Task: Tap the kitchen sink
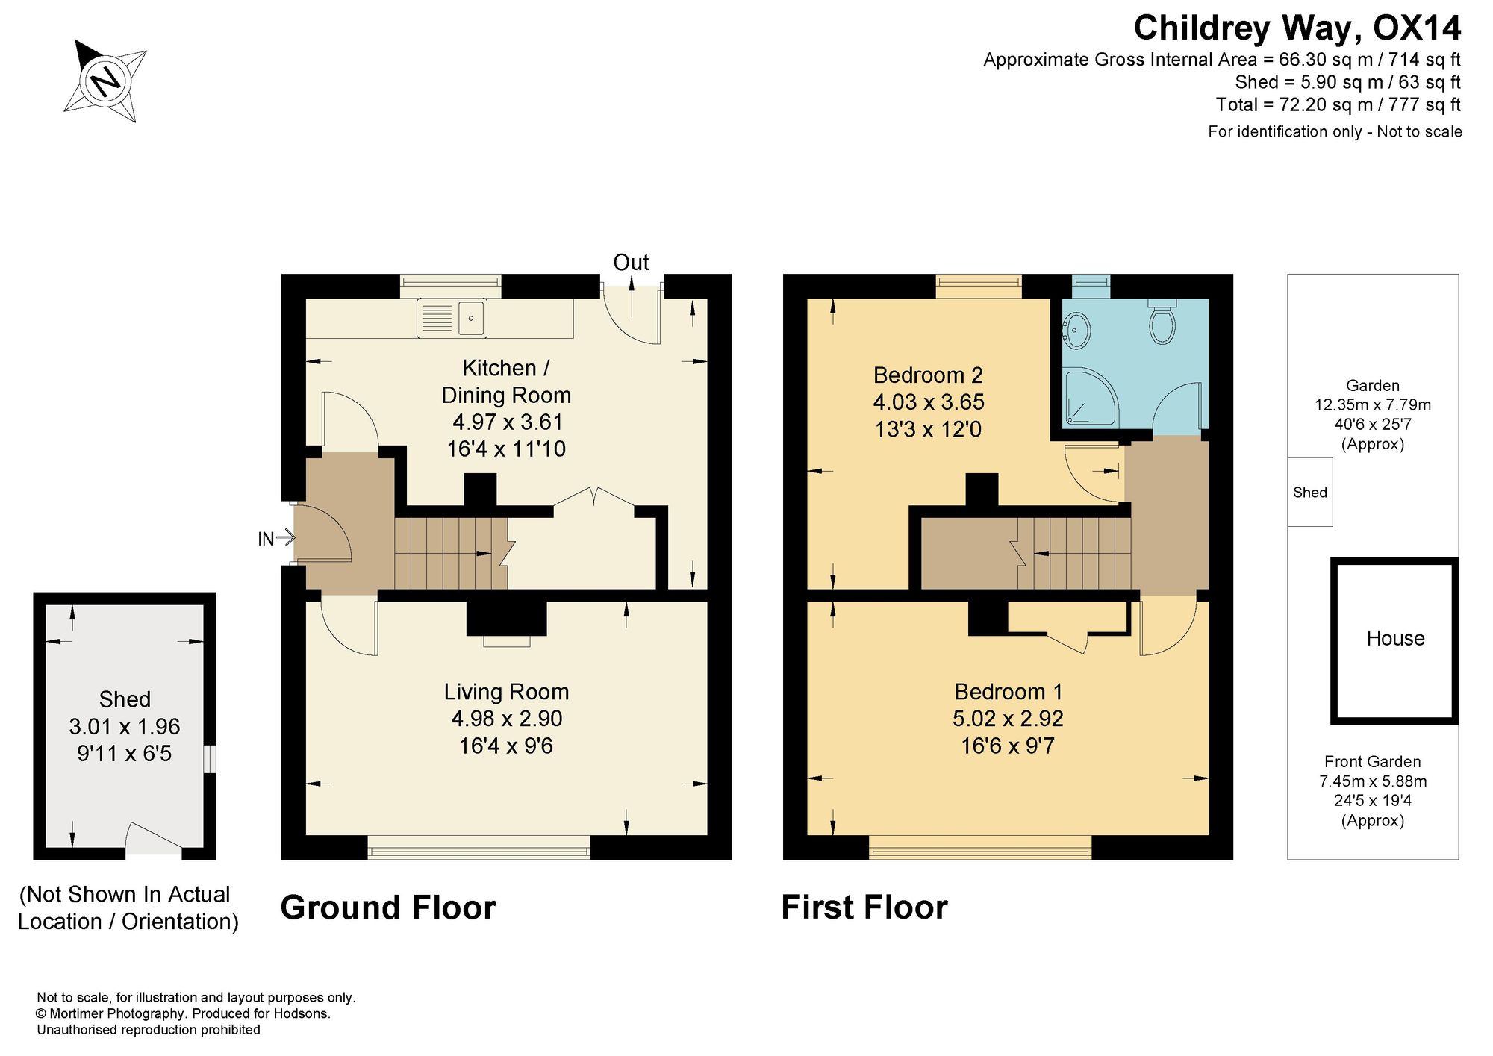coord(452,318)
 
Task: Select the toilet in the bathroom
coord(1162,322)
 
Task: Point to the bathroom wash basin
coord(1076,330)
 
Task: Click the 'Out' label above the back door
coord(631,263)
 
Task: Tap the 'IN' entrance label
coord(266,539)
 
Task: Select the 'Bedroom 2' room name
coord(928,375)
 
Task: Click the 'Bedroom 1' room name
coord(1008,692)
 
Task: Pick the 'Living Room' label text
coord(506,692)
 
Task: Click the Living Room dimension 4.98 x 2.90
coord(506,719)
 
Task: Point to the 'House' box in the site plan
coord(1394,641)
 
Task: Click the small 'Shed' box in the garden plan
coord(1310,492)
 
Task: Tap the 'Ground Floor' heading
coord(388,908)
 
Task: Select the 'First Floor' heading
coord(864,908)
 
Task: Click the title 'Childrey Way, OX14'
coord(1297,28)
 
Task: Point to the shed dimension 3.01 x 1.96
coord(125,726)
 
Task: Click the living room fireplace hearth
coord(506,641)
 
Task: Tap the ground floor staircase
coord(451,553)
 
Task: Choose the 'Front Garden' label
coord(1372,762)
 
